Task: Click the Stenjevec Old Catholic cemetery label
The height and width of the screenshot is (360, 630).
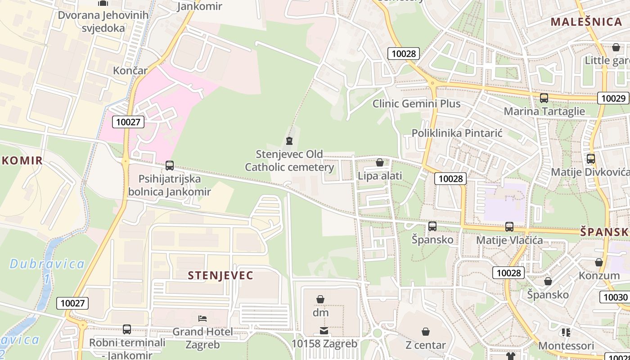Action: pyautogui.click(x=289, y=161)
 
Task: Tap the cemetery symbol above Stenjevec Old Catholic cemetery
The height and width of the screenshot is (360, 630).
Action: pyautogui.click(x=289, y=140)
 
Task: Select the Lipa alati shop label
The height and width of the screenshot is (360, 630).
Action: pyautogui.click(x=380, y=176)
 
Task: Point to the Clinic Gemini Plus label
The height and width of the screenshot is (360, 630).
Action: pyautogui.click(x=416, y=104)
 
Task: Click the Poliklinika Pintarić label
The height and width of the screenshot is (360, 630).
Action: pyautogui.click(x=457, y=133)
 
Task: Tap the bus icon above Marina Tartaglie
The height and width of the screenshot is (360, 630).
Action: pyautogui.click(x=544, y=98)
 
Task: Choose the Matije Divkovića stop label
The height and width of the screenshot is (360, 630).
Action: pyautogui.click(x=589, y=172)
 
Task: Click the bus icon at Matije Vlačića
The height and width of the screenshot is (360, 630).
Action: pyautogui.click(x=509, y=227)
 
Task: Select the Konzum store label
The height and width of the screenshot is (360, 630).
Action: pyautogui.click(x=599, y=275)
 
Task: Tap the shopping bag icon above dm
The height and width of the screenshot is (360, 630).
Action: pyautogui.click(x=320, y=299)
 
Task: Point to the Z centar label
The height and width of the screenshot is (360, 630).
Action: pyautogui.click(x=425, y=345)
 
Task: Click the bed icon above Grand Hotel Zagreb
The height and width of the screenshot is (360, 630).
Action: pyautogui.click(x=202, y=319)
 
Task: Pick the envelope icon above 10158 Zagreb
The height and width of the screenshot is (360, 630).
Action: pyautogui.click(x=324, y=331)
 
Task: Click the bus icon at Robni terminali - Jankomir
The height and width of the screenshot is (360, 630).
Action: pyautogui.click(x=127, y=329)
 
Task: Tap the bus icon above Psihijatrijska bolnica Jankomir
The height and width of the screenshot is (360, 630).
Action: pyautogui.click(x=170, y=166)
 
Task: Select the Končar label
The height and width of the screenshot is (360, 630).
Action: pyautogui.click(x=130, y=71)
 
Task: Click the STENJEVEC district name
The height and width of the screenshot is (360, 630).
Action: pyautogui.click(x=220, y=275)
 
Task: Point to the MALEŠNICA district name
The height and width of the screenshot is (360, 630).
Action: pyautogui.click(x=586, y=22)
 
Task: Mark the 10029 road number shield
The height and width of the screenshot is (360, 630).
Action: pyautogui.click(x=613, y=98)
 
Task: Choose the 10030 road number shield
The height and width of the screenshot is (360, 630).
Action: pyautogui.click(x=615, y=297)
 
